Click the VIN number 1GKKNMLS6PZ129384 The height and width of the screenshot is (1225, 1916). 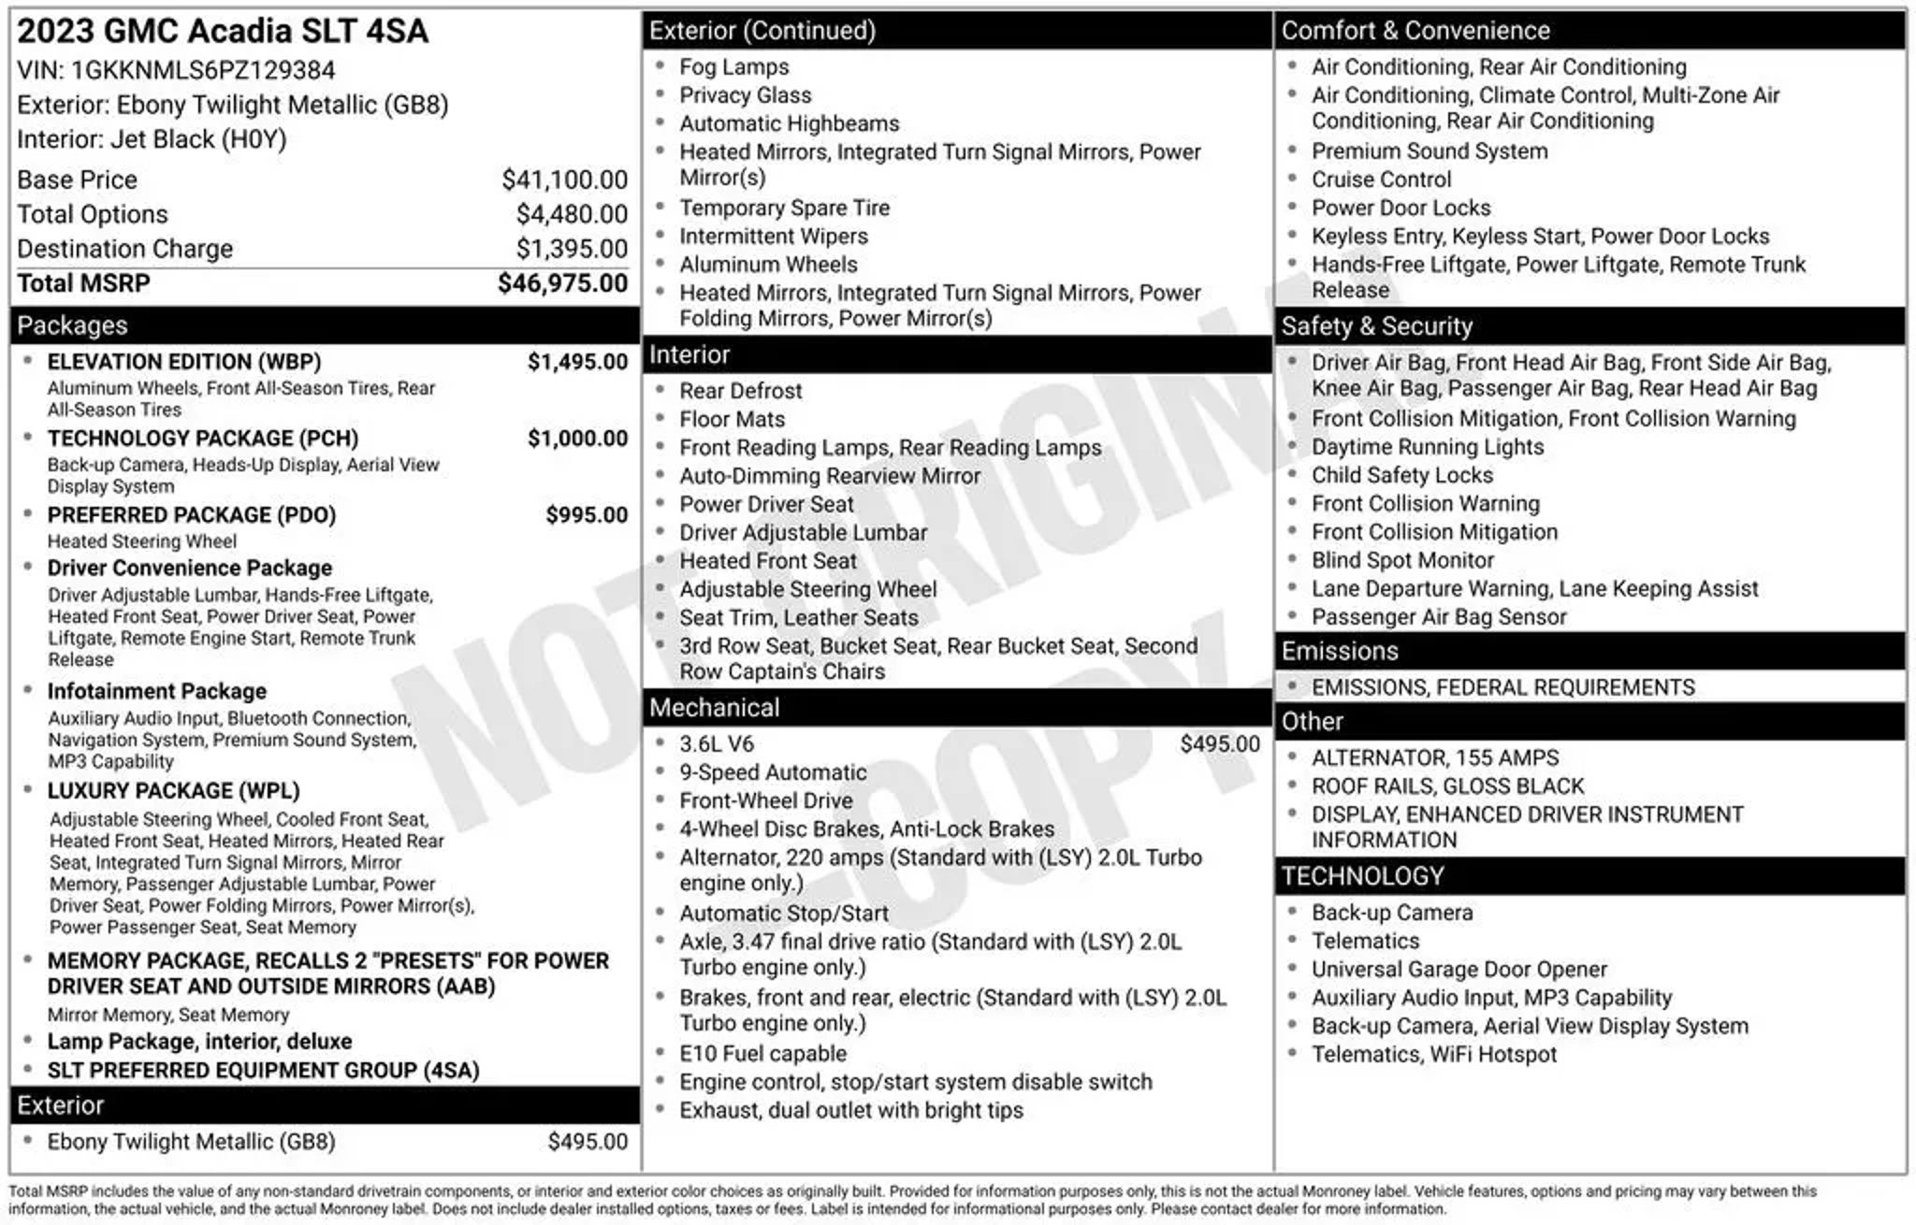click(203, 70)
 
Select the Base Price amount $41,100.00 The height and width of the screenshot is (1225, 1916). click(564, 180)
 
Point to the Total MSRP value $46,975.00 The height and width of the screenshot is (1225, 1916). click(562, 283)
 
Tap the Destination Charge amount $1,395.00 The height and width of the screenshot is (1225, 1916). click(572, 249)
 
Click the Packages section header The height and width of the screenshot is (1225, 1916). click(73, 325)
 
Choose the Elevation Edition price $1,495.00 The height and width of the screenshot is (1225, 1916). click(577, 362)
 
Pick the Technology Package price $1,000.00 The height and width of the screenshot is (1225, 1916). click(577, 439)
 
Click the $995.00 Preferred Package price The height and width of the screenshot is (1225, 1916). click(587, 515)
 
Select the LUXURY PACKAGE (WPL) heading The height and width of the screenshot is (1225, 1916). click(173, 791)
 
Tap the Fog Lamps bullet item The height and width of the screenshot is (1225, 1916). click(733, 67)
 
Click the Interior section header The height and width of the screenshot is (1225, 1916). click(689, 355)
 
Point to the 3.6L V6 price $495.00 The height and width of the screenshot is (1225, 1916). click(1219, 744)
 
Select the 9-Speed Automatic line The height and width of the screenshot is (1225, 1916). click(773, 772)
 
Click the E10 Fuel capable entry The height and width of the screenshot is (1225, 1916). click(762, 1054)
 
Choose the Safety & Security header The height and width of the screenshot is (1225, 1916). click(1376, 326)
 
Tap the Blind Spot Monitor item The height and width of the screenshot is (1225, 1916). click(1402, 560)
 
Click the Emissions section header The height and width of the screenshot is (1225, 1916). click(1340, 651)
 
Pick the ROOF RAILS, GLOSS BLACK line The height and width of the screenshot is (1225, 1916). click(1447, 786)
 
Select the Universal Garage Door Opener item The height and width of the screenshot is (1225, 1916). click(1459, 970)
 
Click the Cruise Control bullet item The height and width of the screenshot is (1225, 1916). click(1381, 180)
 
